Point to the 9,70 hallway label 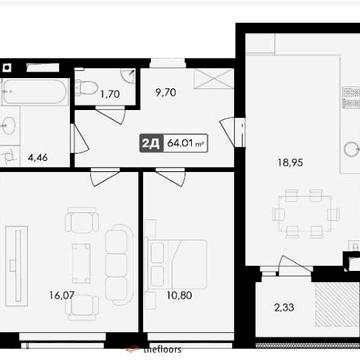(166, 91)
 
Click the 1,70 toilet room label (110, 95)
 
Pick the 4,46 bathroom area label (38, 157)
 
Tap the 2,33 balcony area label (285, 307)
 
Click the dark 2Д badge (151, 143)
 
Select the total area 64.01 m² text (186, 143)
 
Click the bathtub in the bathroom (34, 92)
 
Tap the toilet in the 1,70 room (88, 89)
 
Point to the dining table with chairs (306, 213)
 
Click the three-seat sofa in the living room (118, 262)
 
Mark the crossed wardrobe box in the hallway (212, 81)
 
